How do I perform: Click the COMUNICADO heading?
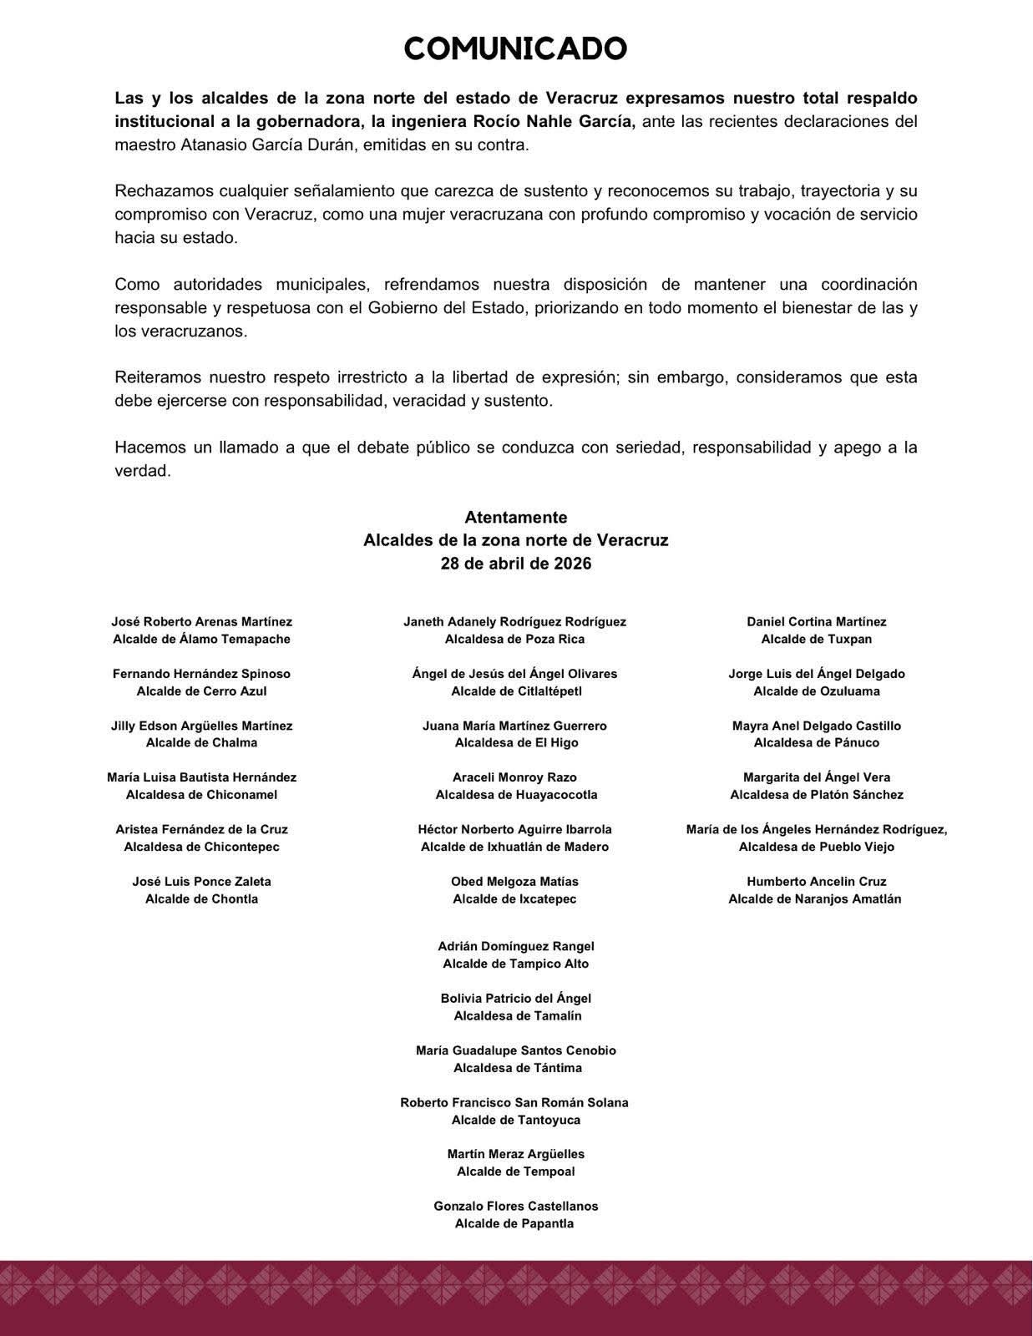coord(515,49)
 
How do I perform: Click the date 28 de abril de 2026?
coord(516,564)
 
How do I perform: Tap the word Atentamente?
coord(516,518)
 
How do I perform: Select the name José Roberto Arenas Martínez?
coord(202,622)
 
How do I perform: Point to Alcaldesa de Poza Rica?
coord(514,640)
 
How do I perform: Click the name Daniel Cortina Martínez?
coord(817,622)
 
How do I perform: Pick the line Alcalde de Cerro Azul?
coord(202,691)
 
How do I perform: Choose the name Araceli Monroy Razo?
coord(514,777)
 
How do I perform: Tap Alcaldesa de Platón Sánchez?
coord(817,795)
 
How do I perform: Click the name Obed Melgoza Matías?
coord(514,882)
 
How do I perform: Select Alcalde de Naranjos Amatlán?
coord(815,899)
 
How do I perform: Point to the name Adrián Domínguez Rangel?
coord(516,947)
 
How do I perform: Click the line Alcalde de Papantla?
coord(514,1224)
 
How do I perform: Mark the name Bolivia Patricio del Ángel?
coord(516,999)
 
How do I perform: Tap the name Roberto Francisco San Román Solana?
coord(514,1103)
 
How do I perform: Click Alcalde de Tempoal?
coord(516,1172)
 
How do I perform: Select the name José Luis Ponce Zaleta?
coord(202,882)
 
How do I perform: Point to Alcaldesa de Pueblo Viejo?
coord(817,848)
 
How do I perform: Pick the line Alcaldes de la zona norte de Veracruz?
coord(516,541)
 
